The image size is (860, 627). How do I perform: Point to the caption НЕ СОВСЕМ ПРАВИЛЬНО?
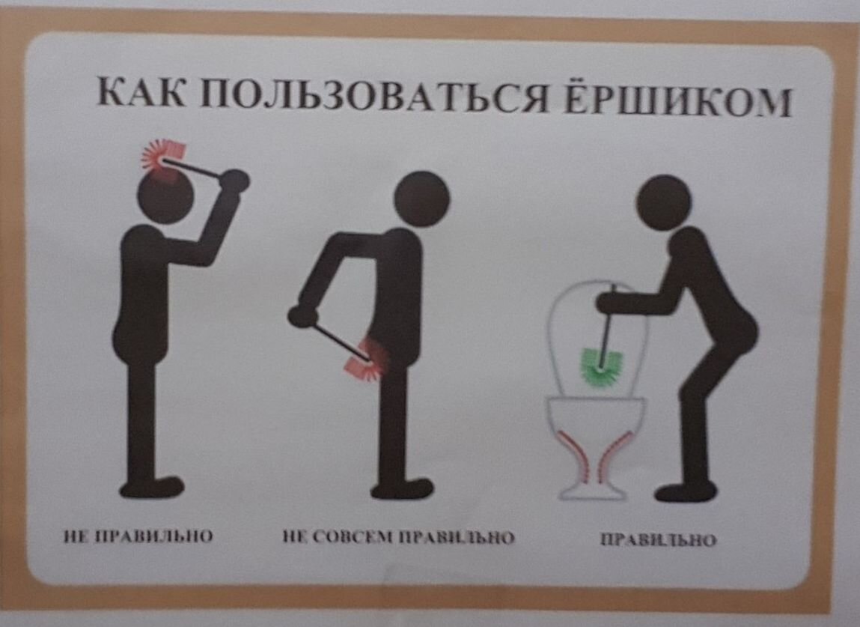pyautogui.click(x=398, y=537)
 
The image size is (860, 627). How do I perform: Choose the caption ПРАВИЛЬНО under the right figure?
pyautogui.click(x=658, y=539)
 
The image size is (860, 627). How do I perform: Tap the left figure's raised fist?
pyautogui.click(x=236, y=181)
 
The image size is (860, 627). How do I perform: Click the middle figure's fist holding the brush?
pyautogui.click(x=300, y=315)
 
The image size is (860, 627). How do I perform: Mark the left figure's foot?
pyautogui.click(x=154, y=488)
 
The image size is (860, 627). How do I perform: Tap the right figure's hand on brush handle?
pyautogui.click(x=608, y=301)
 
